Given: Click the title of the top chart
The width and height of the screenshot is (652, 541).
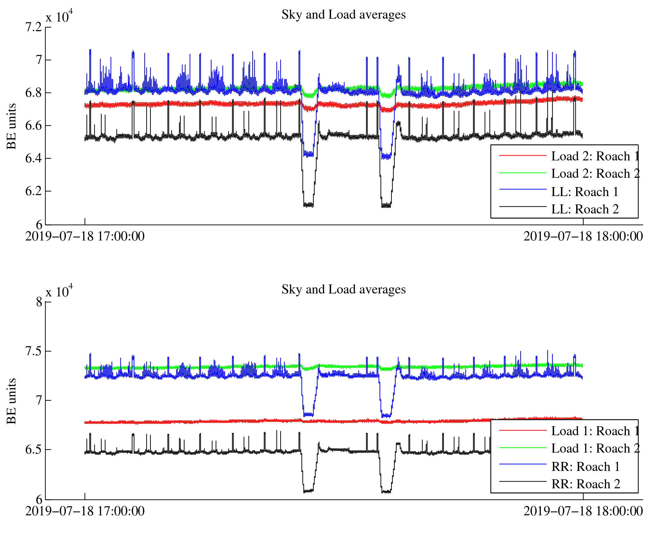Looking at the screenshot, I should (x=344, y=15).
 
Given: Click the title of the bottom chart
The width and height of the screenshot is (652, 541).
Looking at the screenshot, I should (x=344, y=290).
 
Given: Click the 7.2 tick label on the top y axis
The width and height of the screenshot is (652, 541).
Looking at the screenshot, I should (x=34, y=27).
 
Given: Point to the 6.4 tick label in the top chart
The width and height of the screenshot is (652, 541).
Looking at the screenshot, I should (x=34, y=158).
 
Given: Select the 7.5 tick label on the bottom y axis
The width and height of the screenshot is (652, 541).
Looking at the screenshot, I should (x=34, y=351).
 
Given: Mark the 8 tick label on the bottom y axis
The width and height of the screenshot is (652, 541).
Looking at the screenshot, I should (x=39, y=302).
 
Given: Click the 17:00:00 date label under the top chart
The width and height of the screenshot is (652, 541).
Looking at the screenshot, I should (x=85, y=237).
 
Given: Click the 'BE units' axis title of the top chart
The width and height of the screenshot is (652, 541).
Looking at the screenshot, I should (x=12, y=126).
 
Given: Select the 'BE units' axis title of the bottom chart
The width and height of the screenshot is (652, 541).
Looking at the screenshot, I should (x=12, y=401).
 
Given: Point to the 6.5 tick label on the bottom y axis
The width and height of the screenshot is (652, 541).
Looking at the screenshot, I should (x=34, y=450).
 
